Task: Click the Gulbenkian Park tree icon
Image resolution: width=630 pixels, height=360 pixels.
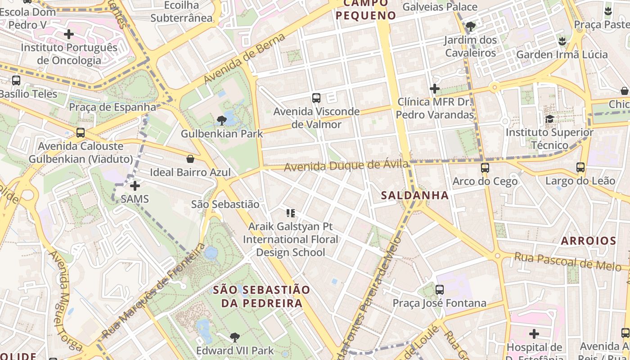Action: point(221,120)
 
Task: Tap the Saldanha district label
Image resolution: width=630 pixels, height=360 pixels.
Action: point(414,195)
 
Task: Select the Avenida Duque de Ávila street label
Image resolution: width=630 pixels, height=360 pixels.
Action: point(346,166)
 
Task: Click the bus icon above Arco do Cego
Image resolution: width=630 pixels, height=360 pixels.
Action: point(485,168)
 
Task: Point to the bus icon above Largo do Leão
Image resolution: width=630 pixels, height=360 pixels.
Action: point(580,167)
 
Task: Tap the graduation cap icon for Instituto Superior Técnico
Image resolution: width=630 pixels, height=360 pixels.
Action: point(549,119)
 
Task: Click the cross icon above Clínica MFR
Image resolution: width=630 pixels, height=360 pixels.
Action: point(434,89)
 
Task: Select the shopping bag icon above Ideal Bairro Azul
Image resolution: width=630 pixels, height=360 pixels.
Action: point(190,159)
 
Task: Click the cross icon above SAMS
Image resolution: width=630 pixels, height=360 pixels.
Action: point(135,185)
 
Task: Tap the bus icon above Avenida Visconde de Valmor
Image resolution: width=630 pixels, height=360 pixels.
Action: point(316,98)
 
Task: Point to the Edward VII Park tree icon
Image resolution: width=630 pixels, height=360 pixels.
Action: point(234,337)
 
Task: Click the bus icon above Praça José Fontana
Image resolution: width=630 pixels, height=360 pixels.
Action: point(440,290)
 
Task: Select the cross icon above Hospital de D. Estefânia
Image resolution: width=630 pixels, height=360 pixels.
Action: point(534,334)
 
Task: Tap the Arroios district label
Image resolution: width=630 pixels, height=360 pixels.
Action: point(588,241)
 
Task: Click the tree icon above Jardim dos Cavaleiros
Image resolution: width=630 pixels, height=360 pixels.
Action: point(471,27)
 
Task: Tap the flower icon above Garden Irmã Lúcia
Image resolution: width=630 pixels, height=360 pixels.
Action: point(562,41)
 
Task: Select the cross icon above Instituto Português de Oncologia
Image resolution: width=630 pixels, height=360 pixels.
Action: point(69,34)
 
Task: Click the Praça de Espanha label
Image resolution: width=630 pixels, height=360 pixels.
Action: point(112,107)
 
